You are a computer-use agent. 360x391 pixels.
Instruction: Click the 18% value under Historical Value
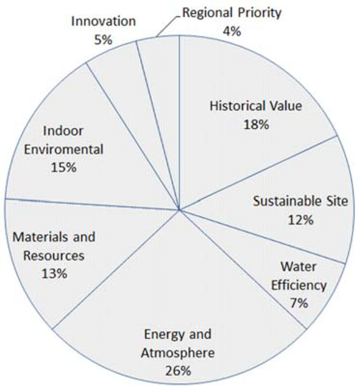point(256,124)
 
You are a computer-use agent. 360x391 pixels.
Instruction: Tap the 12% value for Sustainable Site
point(301,220)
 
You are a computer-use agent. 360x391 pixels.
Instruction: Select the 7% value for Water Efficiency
point(299,303)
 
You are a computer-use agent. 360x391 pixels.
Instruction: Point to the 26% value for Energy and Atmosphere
point(178,371)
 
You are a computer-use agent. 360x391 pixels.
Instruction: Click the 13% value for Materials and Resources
point(54,274)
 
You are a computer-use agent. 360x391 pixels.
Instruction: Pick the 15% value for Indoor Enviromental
point(63,167)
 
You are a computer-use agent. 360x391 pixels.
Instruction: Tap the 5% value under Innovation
point(103,40)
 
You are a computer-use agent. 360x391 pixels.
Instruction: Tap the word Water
point(298,267)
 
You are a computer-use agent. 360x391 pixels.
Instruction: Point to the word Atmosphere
point(178,353)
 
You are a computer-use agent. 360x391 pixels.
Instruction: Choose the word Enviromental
point(63,149)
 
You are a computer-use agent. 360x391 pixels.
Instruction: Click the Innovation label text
point(103,22)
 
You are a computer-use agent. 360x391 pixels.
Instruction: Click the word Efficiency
point(299,285)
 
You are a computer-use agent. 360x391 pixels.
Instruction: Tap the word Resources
point(54,256)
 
